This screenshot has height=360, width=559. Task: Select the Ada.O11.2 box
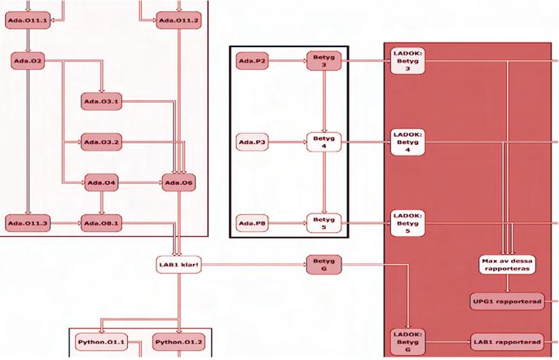click(178, 20)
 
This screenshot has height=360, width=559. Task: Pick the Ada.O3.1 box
click(103, 102)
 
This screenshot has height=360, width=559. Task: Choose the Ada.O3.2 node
click(103, 143)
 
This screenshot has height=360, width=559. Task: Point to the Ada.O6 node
click(178, 182)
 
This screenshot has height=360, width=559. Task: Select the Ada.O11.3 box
click(28, 222)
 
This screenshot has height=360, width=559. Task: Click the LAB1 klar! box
click(178, 264)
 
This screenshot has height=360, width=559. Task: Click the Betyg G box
click(324, 264)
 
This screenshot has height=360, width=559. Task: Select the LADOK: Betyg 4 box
click(407, 143)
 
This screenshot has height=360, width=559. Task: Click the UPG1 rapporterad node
click(507, 302)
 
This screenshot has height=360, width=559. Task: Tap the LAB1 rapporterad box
click(507, 341)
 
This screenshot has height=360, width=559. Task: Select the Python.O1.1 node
click(101, 342)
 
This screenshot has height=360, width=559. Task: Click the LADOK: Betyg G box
click(407, 342)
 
